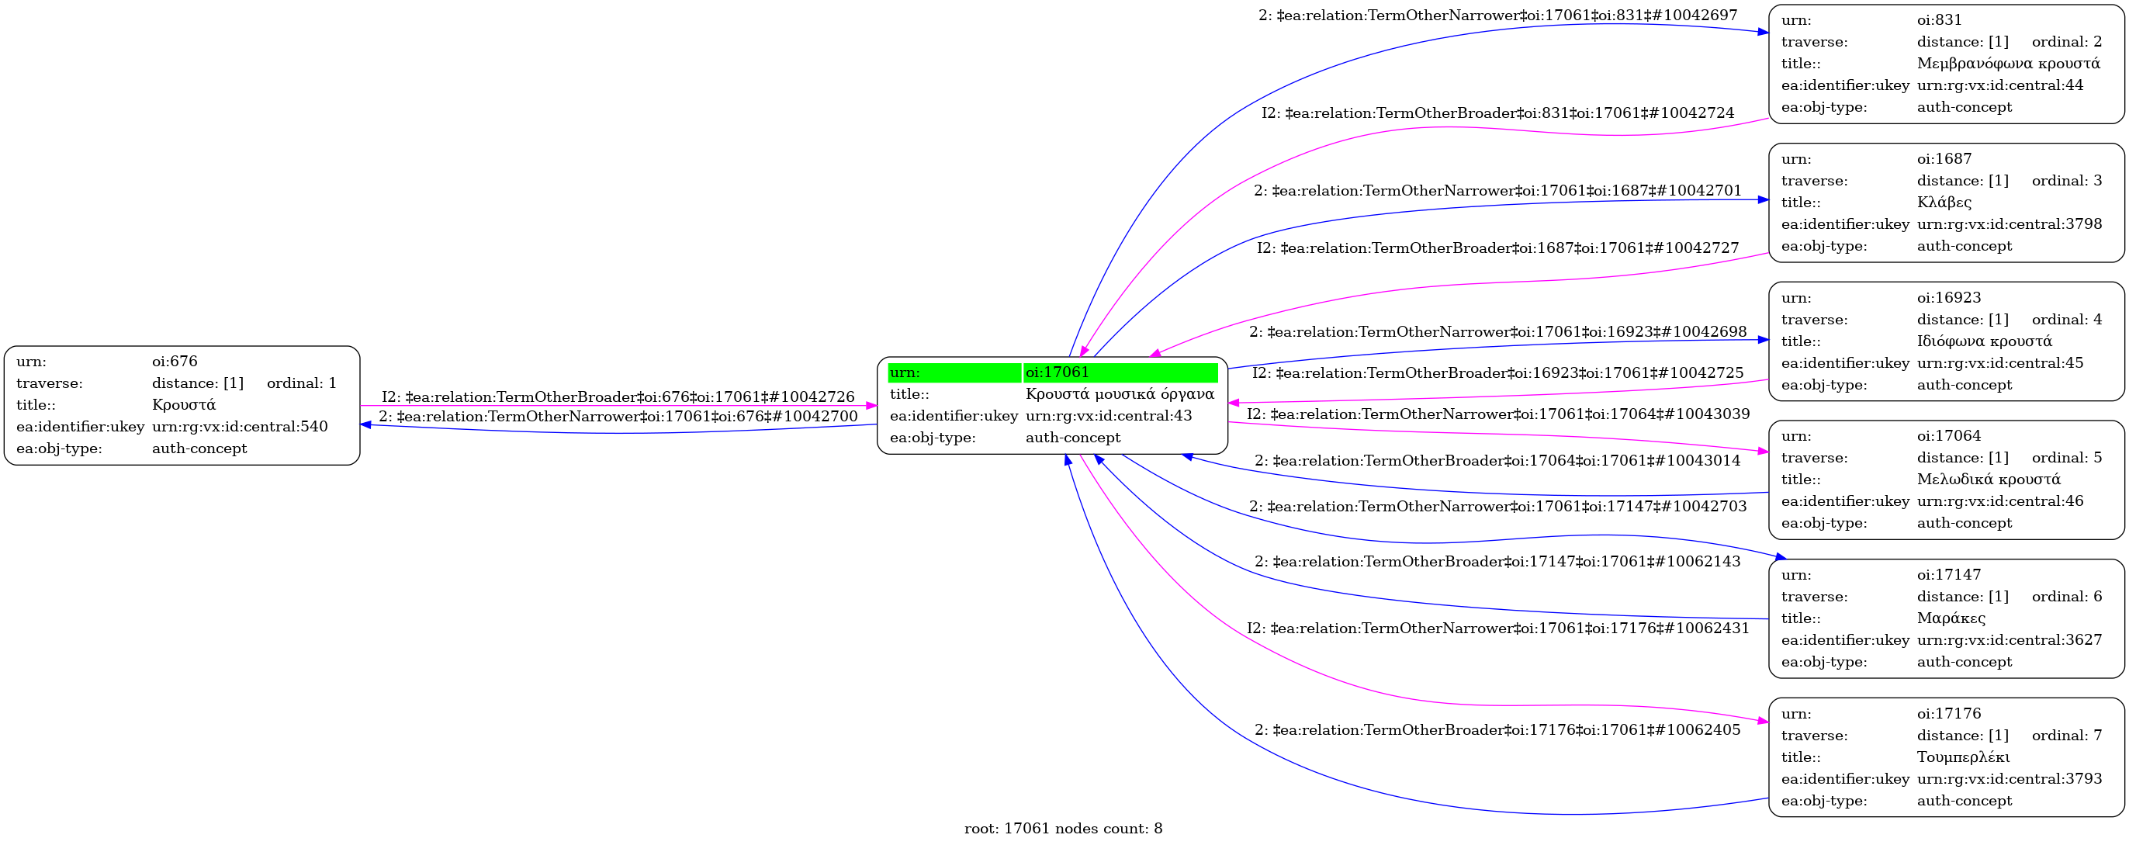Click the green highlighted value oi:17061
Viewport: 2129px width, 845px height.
[1057, 373]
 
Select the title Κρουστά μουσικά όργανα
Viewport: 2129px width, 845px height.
[1120, 394]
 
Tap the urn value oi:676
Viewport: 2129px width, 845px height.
[175, 362]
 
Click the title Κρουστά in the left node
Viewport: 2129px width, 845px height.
[183, 405]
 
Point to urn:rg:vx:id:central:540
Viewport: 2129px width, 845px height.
[240, 427]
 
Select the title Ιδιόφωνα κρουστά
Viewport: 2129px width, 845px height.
[1985, 341]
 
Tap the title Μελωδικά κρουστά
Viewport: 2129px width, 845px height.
[1989, 480]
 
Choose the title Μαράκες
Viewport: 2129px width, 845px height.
[1951, 618]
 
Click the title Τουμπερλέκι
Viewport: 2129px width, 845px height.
[1963, 757]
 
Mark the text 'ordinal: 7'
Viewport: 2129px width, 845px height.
[2066, 736]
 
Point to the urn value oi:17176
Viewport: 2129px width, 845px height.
[1949, 714]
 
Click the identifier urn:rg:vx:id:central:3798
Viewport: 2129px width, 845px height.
[2010, 224]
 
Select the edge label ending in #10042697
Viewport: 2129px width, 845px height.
[1497, 16]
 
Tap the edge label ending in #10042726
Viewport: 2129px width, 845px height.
[618, 397]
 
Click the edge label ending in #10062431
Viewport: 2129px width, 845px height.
[1497, 629]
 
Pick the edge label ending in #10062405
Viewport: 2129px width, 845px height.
[1497, 730]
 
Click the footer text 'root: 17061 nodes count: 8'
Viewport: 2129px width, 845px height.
[1063, 829]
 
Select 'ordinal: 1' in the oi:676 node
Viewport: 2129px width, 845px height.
[301, 383]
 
